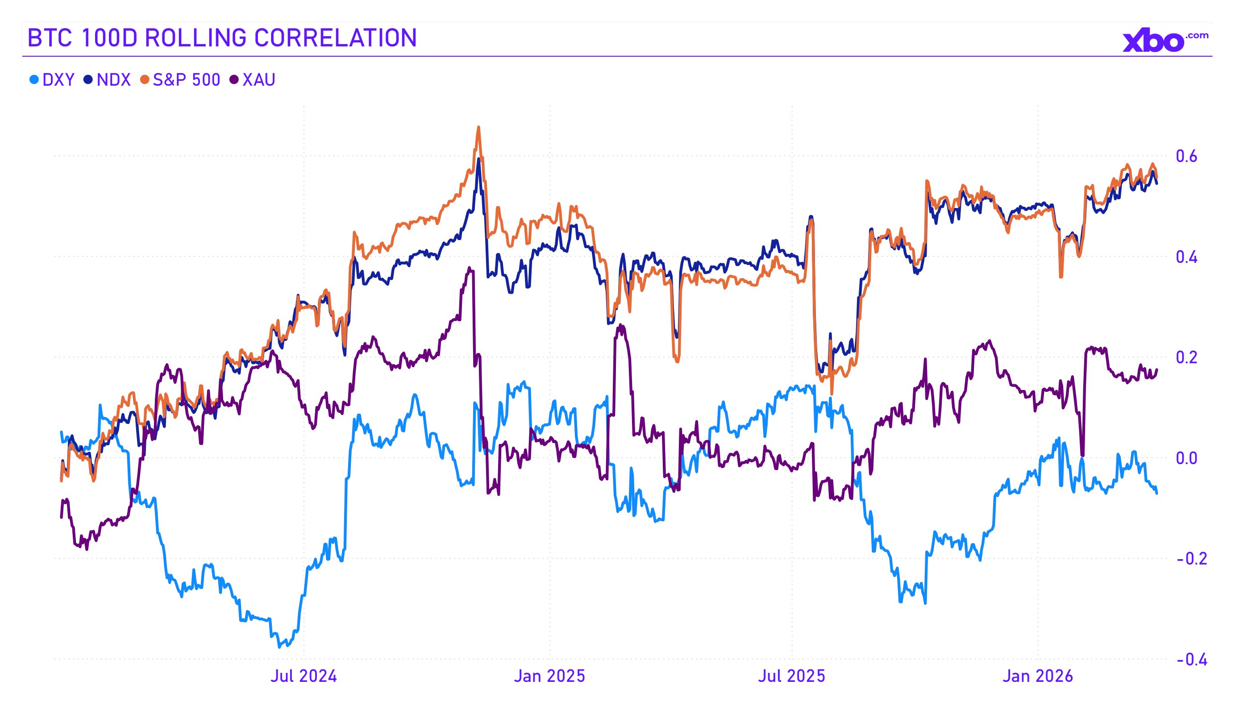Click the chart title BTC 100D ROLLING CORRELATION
click(x=221, y=38)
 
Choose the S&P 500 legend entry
click(x=180, y=79)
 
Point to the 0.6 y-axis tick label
click(x=1186, y=156)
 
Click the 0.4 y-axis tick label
click(x=1186, y=257)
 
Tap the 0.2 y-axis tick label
click(x=1186, y=357)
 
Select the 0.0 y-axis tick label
click(x=1186, y=458)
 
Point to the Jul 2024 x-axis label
click(x=304, y=676)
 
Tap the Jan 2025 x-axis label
click(x=549, y=676)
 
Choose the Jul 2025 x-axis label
click(x=791, y=676)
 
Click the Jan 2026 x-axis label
click(x=1037, y=676)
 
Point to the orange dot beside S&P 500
click(x=145, y=79)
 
